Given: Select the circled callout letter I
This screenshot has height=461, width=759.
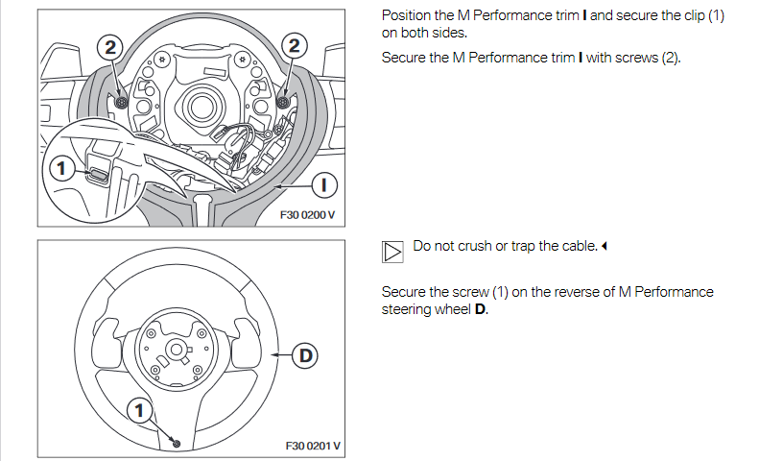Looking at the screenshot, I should click(x=323, y=182).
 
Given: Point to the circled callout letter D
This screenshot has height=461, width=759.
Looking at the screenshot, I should click(x=304, y=356).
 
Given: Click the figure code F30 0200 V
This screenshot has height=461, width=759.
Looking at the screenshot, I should click(x=307, y=215).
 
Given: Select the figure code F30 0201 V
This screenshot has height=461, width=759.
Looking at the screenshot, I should click(x=313, y=446).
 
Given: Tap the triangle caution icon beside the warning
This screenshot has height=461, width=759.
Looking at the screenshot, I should click(x=392, y=252).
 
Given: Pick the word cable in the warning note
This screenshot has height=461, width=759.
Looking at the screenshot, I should click(x=576, y=247).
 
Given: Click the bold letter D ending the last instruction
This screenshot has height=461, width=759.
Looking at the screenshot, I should click(x=481, y=309).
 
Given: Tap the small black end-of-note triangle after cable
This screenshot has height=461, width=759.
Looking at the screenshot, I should click(x=605, y=247).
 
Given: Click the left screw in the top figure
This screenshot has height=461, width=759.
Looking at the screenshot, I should click(x=122, y=101).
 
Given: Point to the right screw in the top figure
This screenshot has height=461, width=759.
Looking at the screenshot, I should click(x=283, y=101).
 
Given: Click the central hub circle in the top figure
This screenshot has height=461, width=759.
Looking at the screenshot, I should click(x=203, y=102).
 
